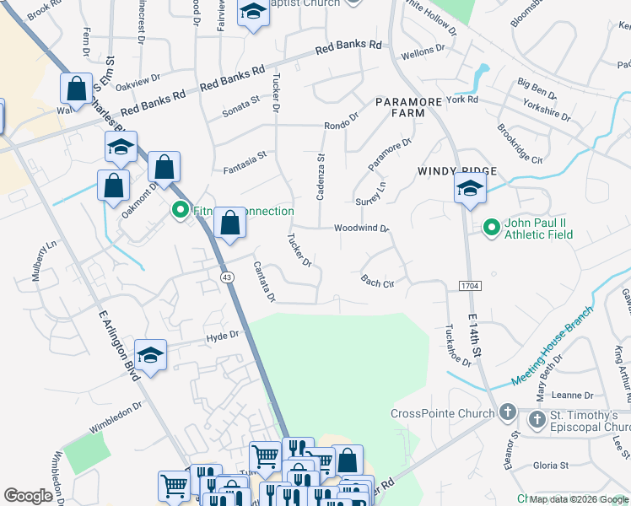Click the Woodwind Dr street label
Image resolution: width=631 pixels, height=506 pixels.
click(x=360, y=229)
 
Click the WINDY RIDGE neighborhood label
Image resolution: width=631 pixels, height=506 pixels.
click(x=456, y=171)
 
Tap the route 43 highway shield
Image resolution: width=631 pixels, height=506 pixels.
click(x=227, y=277)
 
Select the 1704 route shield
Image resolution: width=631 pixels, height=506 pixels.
click(x=471, y=287)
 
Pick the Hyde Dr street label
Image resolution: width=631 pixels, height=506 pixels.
click(x=224, y=336)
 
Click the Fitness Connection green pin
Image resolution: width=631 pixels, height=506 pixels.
click(x=180, y=211)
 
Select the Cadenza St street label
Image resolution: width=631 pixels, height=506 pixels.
click(x=321, y=175)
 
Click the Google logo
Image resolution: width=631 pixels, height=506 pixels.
click(x=28, y=496)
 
